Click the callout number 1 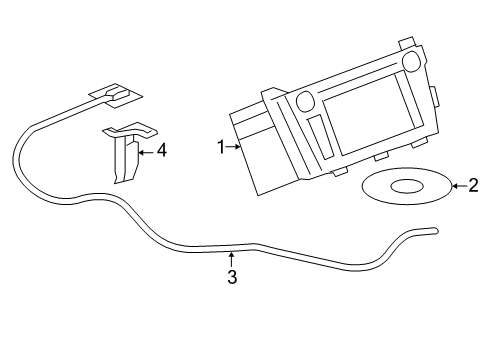point(221,148)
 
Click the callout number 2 point(473,184)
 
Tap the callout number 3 point(232,278)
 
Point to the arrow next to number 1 point(235,148)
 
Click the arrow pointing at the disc point(456,184)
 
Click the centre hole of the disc point(406,185)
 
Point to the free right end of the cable point(433,231)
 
